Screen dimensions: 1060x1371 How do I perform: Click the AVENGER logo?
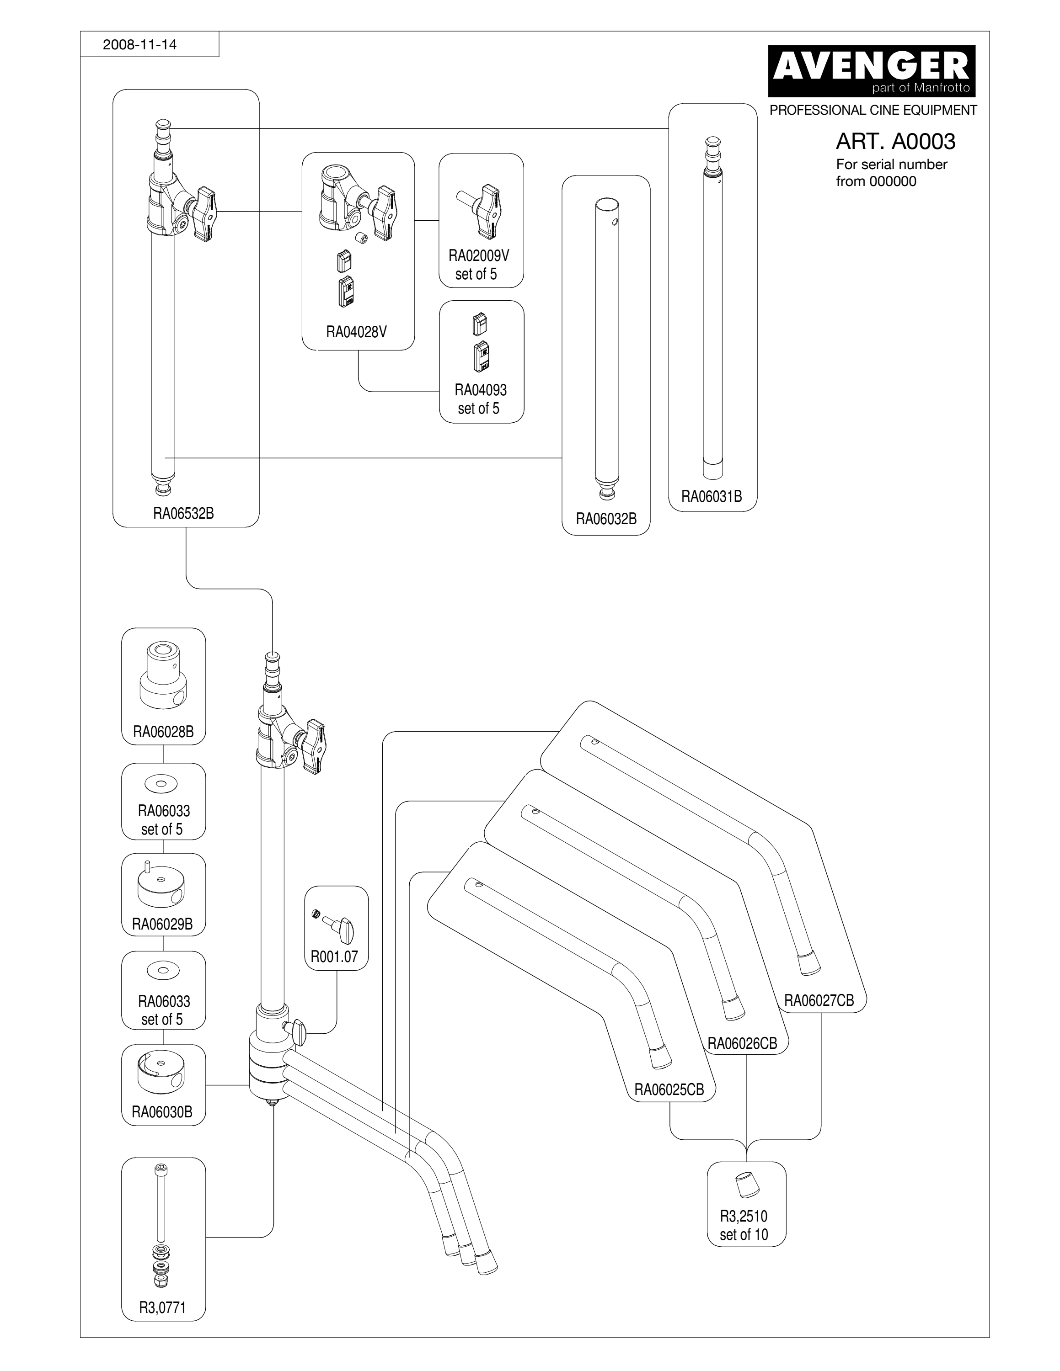click(872, 70)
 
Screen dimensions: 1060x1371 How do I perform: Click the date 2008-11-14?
click(139, 45)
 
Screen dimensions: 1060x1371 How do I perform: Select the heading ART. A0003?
click(895, 141)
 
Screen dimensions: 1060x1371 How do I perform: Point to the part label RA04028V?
click(356, 332)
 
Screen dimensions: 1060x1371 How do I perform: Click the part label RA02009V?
click(478, 255)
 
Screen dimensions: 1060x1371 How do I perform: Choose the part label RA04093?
click(481, 390)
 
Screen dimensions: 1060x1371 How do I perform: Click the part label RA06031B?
click(712, 497)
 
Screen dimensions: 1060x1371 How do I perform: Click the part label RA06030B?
click(162, 1112)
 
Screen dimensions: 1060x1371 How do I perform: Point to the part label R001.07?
click(334, 957)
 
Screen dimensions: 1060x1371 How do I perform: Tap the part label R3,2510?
click(744, 1216)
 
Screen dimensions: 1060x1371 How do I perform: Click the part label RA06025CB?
click(669, 1089)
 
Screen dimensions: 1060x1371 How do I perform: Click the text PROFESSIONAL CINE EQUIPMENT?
click(873, 111)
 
